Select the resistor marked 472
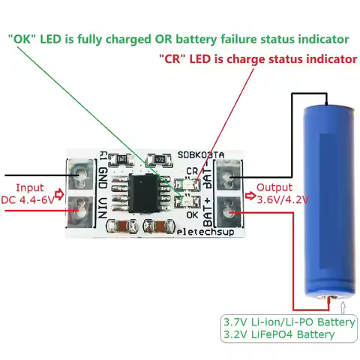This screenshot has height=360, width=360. tap(157, 159)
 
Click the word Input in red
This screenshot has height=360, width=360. tap(30, 187)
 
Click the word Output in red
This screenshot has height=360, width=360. tap(273, 187)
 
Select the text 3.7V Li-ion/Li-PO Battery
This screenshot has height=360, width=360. tap(288, 322)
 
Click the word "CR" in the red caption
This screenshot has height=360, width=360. tap(172, 58)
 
